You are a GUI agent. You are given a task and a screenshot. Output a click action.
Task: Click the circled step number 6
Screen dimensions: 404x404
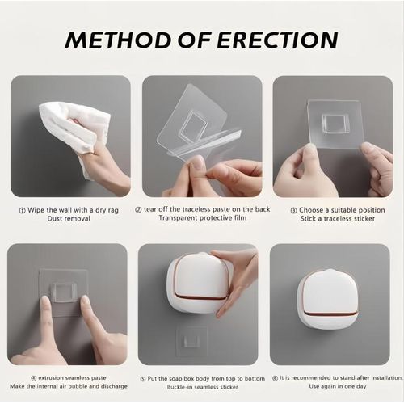276,376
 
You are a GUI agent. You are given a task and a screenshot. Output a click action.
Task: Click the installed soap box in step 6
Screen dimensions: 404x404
327,298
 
